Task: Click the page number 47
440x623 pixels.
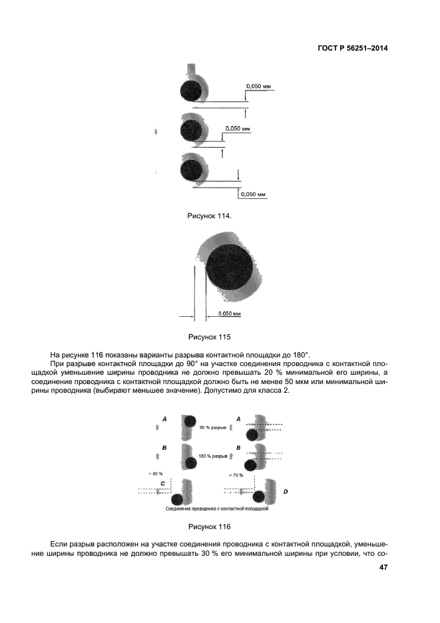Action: [x=383, y=568]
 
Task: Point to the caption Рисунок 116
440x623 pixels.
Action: [x=208, y=526]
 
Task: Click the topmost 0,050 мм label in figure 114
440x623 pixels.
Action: [x=259, y=87]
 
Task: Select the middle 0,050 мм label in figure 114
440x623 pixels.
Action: [x=238, y=128]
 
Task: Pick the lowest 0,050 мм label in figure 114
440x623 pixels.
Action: [x=253, y=194]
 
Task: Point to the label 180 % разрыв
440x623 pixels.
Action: [x=214, y=456]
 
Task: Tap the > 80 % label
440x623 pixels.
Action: [x=156, y=474]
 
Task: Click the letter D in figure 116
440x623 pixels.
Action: [x=286, y=491]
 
